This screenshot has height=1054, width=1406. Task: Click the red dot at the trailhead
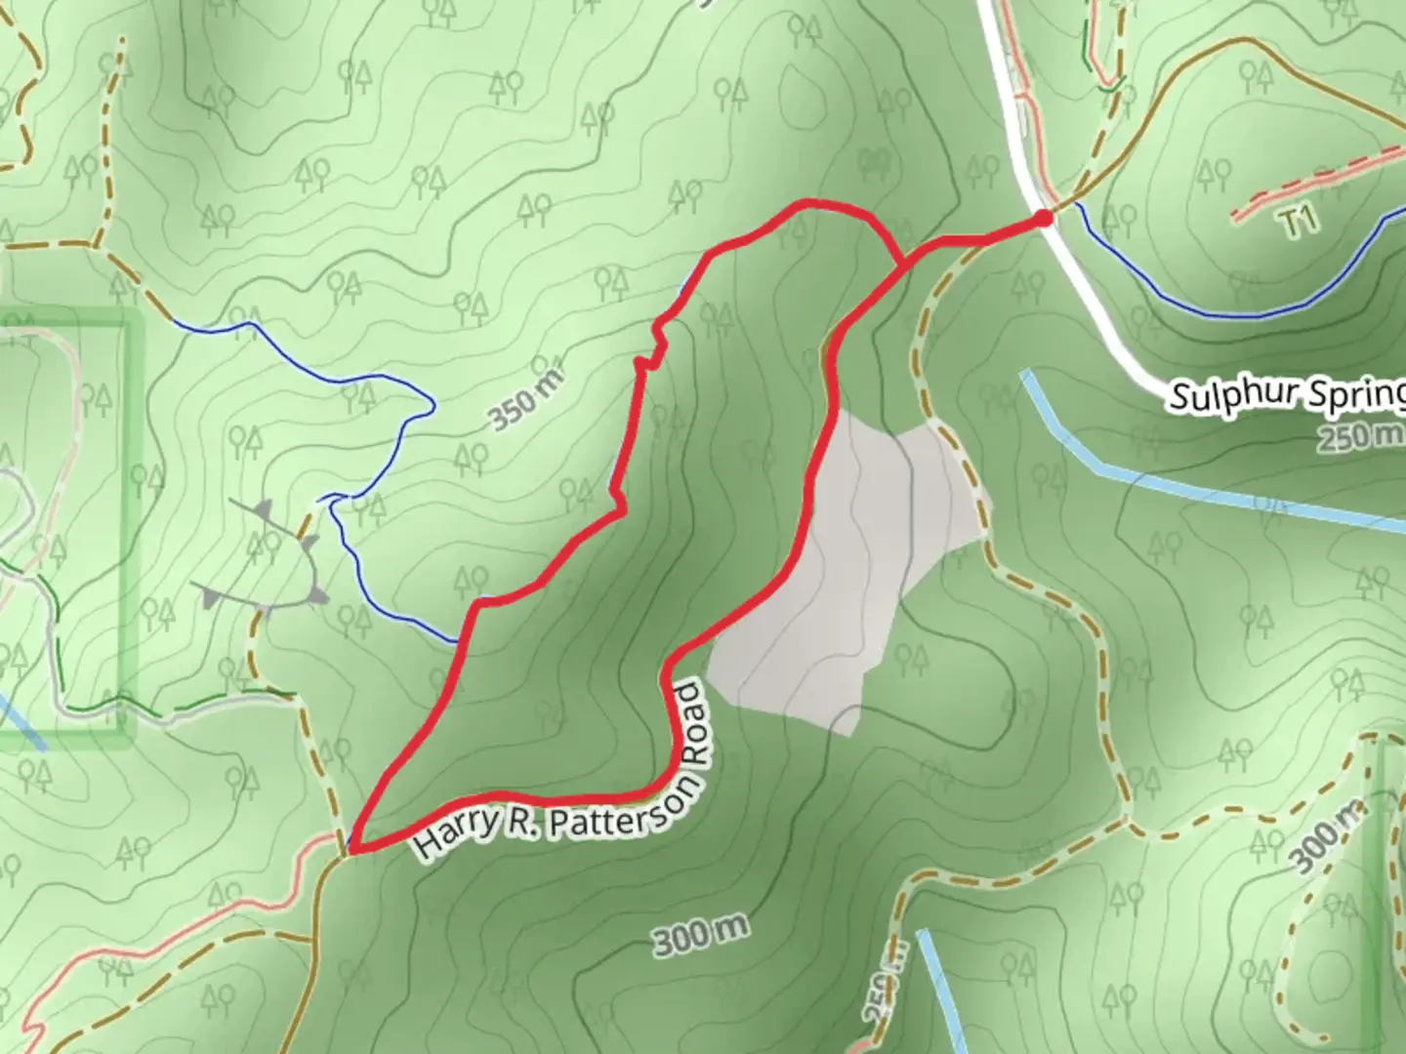pyautogui.click(x=1043, y=218)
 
